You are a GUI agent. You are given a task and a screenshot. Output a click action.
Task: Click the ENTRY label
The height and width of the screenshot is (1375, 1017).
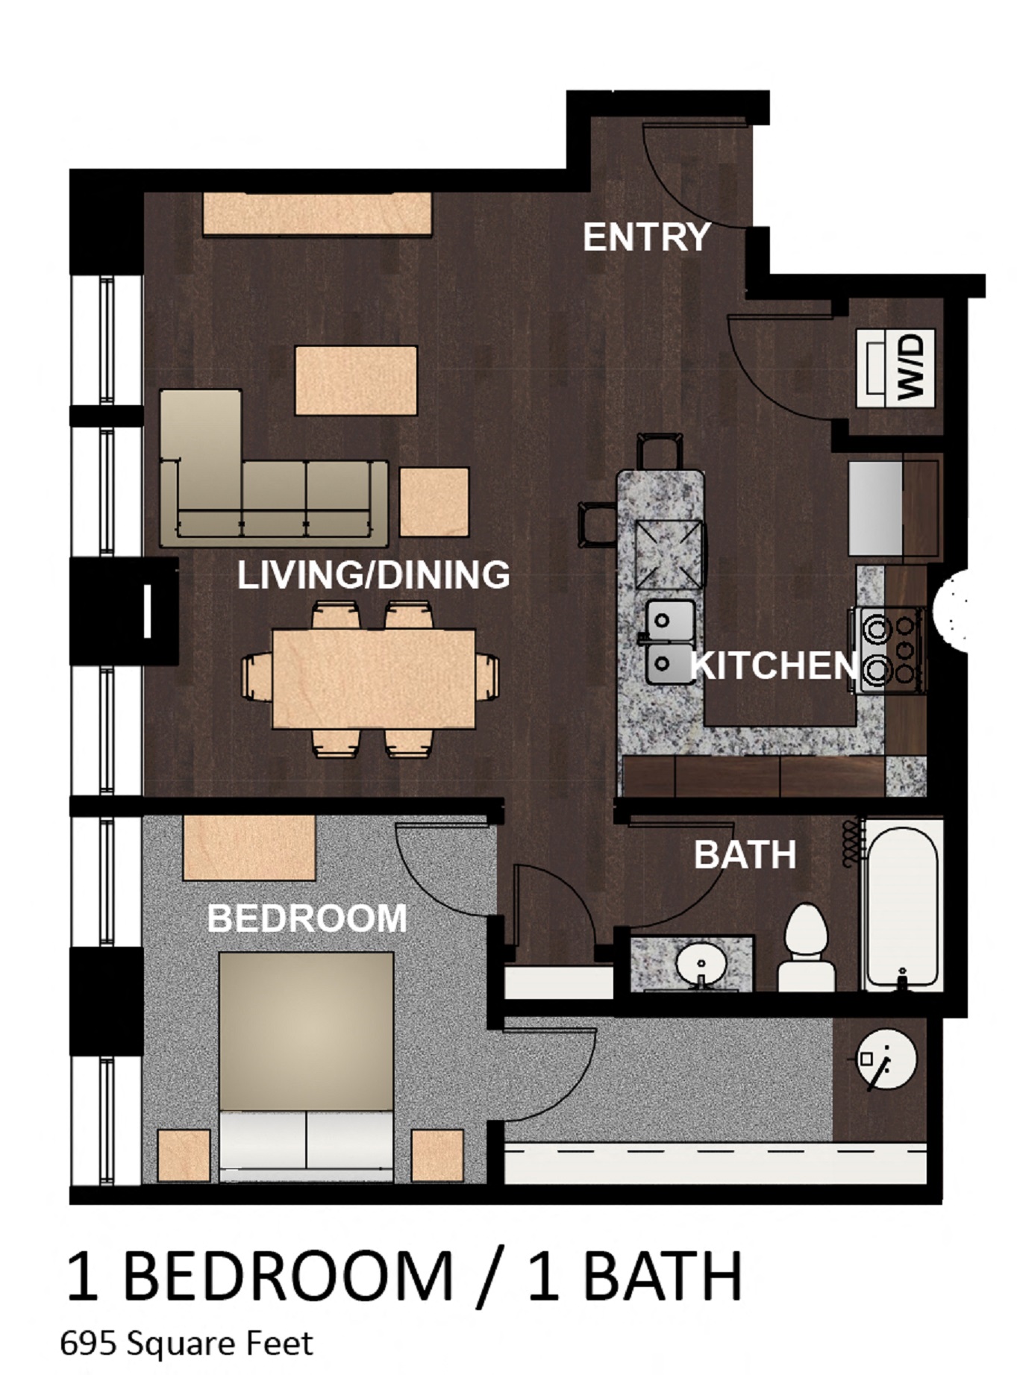pos(646,237)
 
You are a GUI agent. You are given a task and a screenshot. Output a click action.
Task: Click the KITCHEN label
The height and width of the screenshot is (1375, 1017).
pos(773,665)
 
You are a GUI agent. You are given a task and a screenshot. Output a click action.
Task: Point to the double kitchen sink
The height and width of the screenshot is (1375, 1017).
pos(669,641)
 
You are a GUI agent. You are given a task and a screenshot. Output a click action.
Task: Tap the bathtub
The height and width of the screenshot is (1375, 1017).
pos(901,905)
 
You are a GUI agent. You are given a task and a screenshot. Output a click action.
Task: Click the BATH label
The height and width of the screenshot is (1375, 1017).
pos(745,855)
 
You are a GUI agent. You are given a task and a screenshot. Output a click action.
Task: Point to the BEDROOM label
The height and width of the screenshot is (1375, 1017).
pos(307,918)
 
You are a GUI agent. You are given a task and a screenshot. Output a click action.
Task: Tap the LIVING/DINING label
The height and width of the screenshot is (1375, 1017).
pos(374,574)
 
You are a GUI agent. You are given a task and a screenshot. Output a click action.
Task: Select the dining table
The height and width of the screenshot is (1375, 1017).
pos(374,677)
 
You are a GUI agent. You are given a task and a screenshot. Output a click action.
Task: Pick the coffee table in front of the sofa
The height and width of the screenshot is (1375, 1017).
pos(356,380)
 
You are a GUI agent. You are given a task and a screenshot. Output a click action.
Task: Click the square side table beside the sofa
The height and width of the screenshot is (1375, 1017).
pos(434,501)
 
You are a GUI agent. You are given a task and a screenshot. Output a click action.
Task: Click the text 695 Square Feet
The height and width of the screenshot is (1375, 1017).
pos(187,1343)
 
